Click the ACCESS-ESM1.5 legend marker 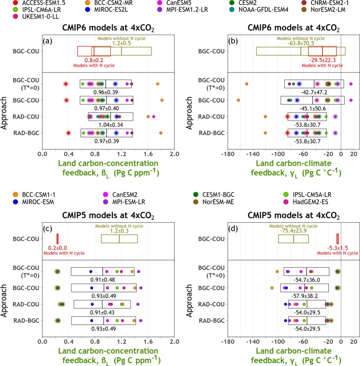(x=16, y=3)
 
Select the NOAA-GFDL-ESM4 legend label (x=263, y=10)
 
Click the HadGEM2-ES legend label (x=310, y=202)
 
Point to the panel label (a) (x=47, y=41)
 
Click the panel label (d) (x=233, y=229)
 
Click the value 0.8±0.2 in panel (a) (x=94, y=60)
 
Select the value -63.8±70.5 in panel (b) (x=301, y=43)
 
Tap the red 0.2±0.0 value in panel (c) (x=57, y=248)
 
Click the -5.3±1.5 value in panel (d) (x=337, y=248)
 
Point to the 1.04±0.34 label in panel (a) (x=111, y=125)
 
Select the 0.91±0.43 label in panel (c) (x=102, y=312)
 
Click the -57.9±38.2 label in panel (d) (x=305, y=296)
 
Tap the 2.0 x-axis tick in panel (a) (x=174, y=154)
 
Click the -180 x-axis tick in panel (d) (x=228, y=342)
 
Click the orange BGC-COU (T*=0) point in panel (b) (x=247, y=84)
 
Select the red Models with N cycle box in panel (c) (x=57, y=239)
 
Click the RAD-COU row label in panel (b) (x=211, y=117)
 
